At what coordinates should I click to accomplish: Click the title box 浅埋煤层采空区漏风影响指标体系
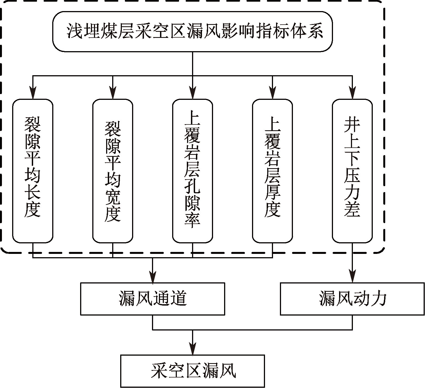pos(192,31)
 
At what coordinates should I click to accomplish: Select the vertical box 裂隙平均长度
pos(33,171)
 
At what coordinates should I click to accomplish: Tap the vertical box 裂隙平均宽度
pos(112,171)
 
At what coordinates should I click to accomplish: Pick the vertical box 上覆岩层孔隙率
pos(192,171)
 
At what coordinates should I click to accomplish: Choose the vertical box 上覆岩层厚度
pos(272,171)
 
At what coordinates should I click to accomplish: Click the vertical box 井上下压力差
pos(352,171)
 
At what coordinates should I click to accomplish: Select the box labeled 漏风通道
pos(153,299)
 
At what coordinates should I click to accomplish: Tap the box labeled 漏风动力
pos(352,299)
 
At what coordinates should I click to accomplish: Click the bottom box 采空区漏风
pos(192,371)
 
